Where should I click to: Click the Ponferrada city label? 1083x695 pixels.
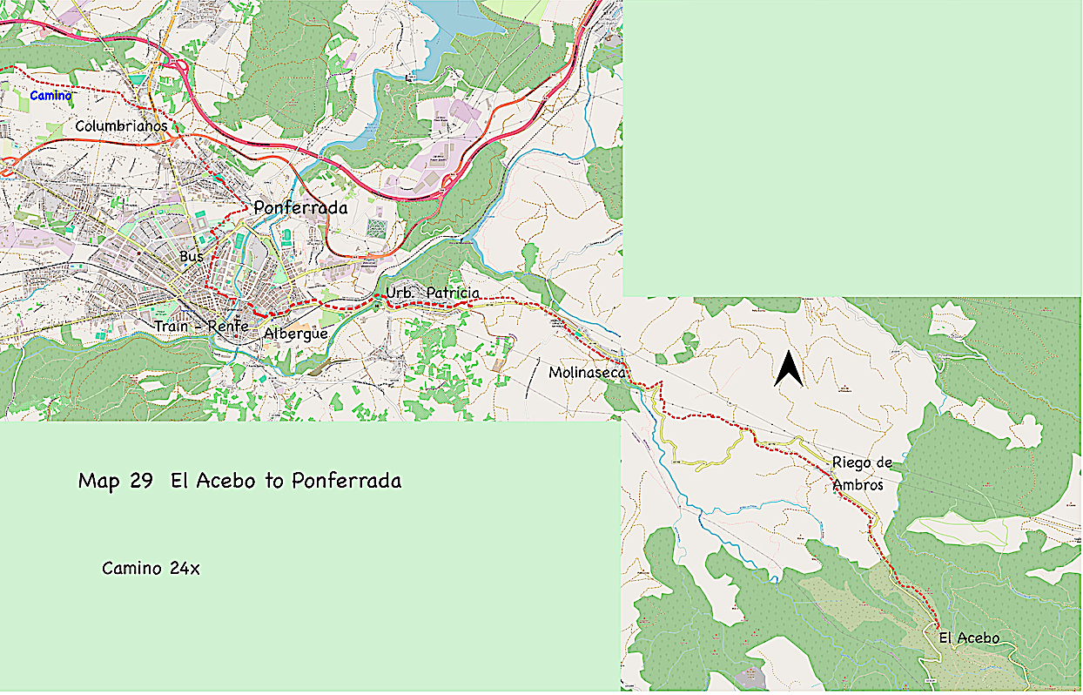pyautogui.click(x=300, y=208)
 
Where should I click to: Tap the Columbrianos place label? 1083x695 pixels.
pyautogui.click(x=121, y=126)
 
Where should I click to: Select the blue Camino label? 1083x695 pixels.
pyautogui.click(x=50, y=95)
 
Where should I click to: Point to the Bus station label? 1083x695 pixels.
pyautogui.click(x=191, y=256)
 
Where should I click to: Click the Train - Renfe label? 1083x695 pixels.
pyautogui.click(x=201, y=327)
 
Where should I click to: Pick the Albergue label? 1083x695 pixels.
pyautogui.click(x=295, y=334)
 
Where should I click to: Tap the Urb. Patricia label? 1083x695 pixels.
pyautogui.click(x=432, y=293)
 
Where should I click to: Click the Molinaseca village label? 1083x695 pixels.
pyautogui.click(x=588, y=373)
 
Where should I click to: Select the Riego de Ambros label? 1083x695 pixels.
pyautogui.click(x=861, y=473)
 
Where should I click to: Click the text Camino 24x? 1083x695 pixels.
pyautogui.click(x=151, y=569)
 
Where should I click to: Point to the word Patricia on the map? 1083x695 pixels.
pyautogui.click(x=453, y=293)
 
